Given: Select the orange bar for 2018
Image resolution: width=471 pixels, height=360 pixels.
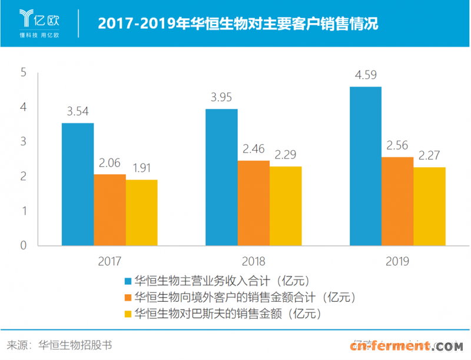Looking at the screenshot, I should [x=254, y=202].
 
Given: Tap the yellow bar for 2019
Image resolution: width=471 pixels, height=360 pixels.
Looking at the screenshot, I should [x=429, y=206].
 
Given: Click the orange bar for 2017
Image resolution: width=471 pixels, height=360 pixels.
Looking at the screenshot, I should [x=110, y=209].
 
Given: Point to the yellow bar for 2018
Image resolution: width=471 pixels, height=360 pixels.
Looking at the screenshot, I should [x=286, y=205].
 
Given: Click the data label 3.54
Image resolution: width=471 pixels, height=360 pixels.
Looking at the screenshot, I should [x=77, y=111].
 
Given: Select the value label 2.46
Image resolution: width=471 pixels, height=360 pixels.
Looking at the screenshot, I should [x=254, y=149].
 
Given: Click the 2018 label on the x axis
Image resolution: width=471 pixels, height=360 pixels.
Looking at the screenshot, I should [x=254, y=261].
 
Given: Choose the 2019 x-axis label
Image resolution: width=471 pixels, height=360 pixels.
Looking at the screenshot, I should [x=397, y=261].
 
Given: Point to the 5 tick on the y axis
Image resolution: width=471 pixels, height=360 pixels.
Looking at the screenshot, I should [x=24, y=73].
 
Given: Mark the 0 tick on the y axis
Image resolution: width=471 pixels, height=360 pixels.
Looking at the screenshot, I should [x=24, y=245].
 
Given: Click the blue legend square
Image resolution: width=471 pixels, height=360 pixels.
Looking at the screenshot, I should [x=127, y=280].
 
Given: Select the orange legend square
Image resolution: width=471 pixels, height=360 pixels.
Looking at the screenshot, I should [x=127, y=296].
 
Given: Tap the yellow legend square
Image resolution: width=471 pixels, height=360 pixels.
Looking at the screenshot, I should [x=127, y=313].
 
